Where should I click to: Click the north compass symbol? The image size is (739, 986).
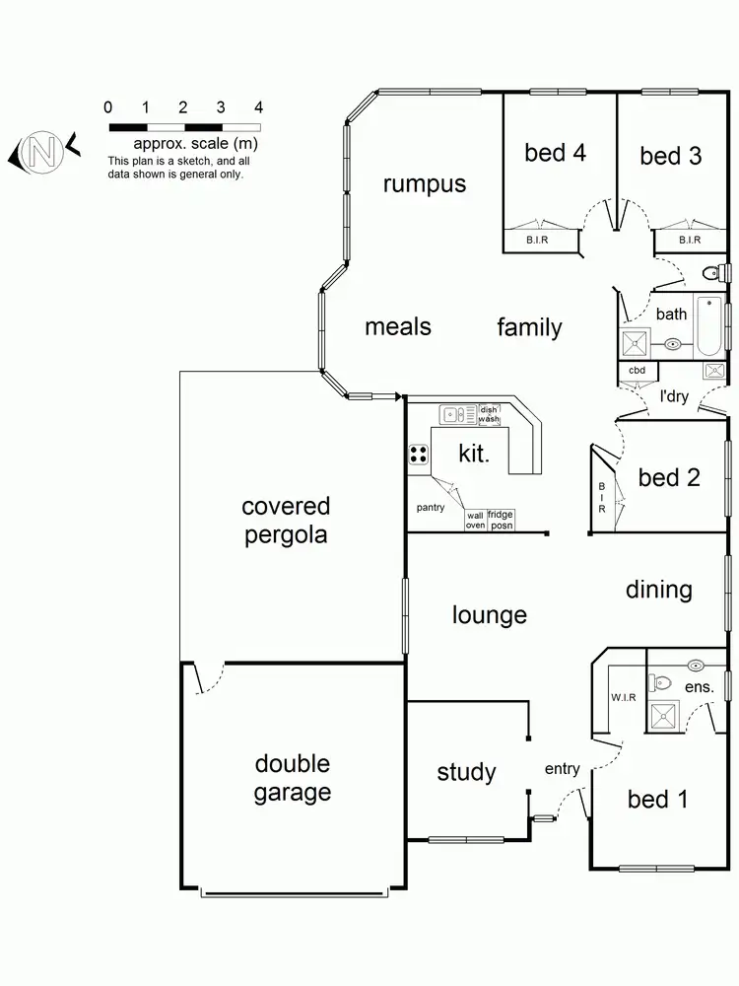pos(41,152)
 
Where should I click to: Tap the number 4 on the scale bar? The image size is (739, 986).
pos(258,107)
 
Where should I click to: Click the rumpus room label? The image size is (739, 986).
pos(425,184)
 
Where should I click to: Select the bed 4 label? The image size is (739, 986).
pos(556,153)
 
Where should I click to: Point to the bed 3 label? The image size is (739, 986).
pos(670,156)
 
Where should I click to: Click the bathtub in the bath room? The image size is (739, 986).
pos(708,325)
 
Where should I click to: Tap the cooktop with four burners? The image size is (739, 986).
pos(419,455)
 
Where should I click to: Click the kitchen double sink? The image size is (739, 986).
pos(455,415)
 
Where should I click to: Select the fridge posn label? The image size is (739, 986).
pos(501,520)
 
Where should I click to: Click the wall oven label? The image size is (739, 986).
pos(475,520)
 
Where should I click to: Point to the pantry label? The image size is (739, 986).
pos(430,508)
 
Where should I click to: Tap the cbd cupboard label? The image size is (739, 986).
pos(637,371)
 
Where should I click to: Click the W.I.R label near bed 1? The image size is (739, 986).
pos(624,698)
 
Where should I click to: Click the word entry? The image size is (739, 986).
pos(562,769)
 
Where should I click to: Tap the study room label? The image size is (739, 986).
pos(466,772)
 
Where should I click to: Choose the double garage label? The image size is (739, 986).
pos(292,778)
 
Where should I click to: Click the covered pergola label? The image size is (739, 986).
pos(286,521)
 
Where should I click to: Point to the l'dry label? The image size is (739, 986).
pos(674,396)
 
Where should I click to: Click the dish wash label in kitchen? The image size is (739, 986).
pos(489,415)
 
